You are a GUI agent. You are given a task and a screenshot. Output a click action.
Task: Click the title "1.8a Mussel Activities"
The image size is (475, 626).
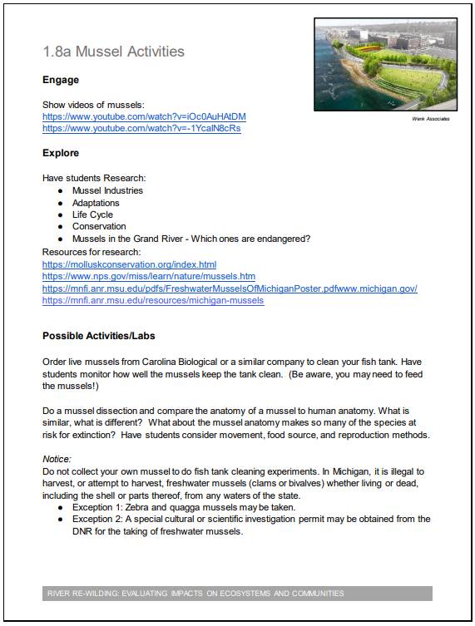(x=113, y=52)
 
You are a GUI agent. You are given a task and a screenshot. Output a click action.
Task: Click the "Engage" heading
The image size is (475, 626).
(x=61, y=81)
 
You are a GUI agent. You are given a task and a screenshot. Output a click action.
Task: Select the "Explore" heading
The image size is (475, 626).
(x=61, y=153)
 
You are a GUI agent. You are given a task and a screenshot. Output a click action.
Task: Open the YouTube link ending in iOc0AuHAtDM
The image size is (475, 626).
(x=144, y=116)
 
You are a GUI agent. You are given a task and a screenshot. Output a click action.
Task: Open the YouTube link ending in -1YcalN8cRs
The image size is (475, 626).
(x=141, y=129)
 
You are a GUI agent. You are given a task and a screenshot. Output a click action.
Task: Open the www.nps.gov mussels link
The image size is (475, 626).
(x=148, y=276)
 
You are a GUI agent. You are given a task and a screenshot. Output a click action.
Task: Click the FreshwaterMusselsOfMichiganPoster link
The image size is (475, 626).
(x=229, y=288)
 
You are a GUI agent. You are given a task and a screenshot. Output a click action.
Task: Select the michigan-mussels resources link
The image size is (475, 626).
(x=153, y=300)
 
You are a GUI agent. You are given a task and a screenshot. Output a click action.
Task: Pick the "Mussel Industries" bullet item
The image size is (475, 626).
(x=107, y=190)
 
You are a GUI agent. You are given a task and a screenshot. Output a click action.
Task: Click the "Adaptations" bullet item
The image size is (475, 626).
(x=96, y=203)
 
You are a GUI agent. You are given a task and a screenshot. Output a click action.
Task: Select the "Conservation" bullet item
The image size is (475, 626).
(x=99, y=226)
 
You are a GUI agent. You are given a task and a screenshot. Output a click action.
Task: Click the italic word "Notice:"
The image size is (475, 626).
(x=57, y=458)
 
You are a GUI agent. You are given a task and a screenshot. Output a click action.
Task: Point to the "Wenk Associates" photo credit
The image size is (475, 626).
(x=430, y=119)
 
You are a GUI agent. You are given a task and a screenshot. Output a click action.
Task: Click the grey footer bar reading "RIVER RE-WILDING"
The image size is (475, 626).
(x=237, y=594)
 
